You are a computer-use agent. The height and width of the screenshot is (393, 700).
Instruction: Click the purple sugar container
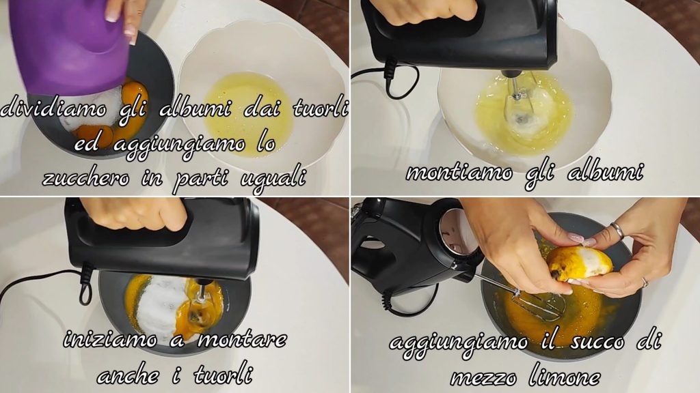tap(67, 44)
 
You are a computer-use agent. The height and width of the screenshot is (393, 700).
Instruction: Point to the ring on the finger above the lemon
tap(617, 230)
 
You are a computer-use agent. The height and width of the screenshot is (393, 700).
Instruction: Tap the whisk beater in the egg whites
tap(520, 102)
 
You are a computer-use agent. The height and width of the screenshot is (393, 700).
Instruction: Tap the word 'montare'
tap(241, 340)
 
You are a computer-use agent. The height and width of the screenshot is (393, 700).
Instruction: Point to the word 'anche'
tap(128, 376)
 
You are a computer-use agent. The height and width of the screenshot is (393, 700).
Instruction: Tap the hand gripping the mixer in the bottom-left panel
tap(134, 213)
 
